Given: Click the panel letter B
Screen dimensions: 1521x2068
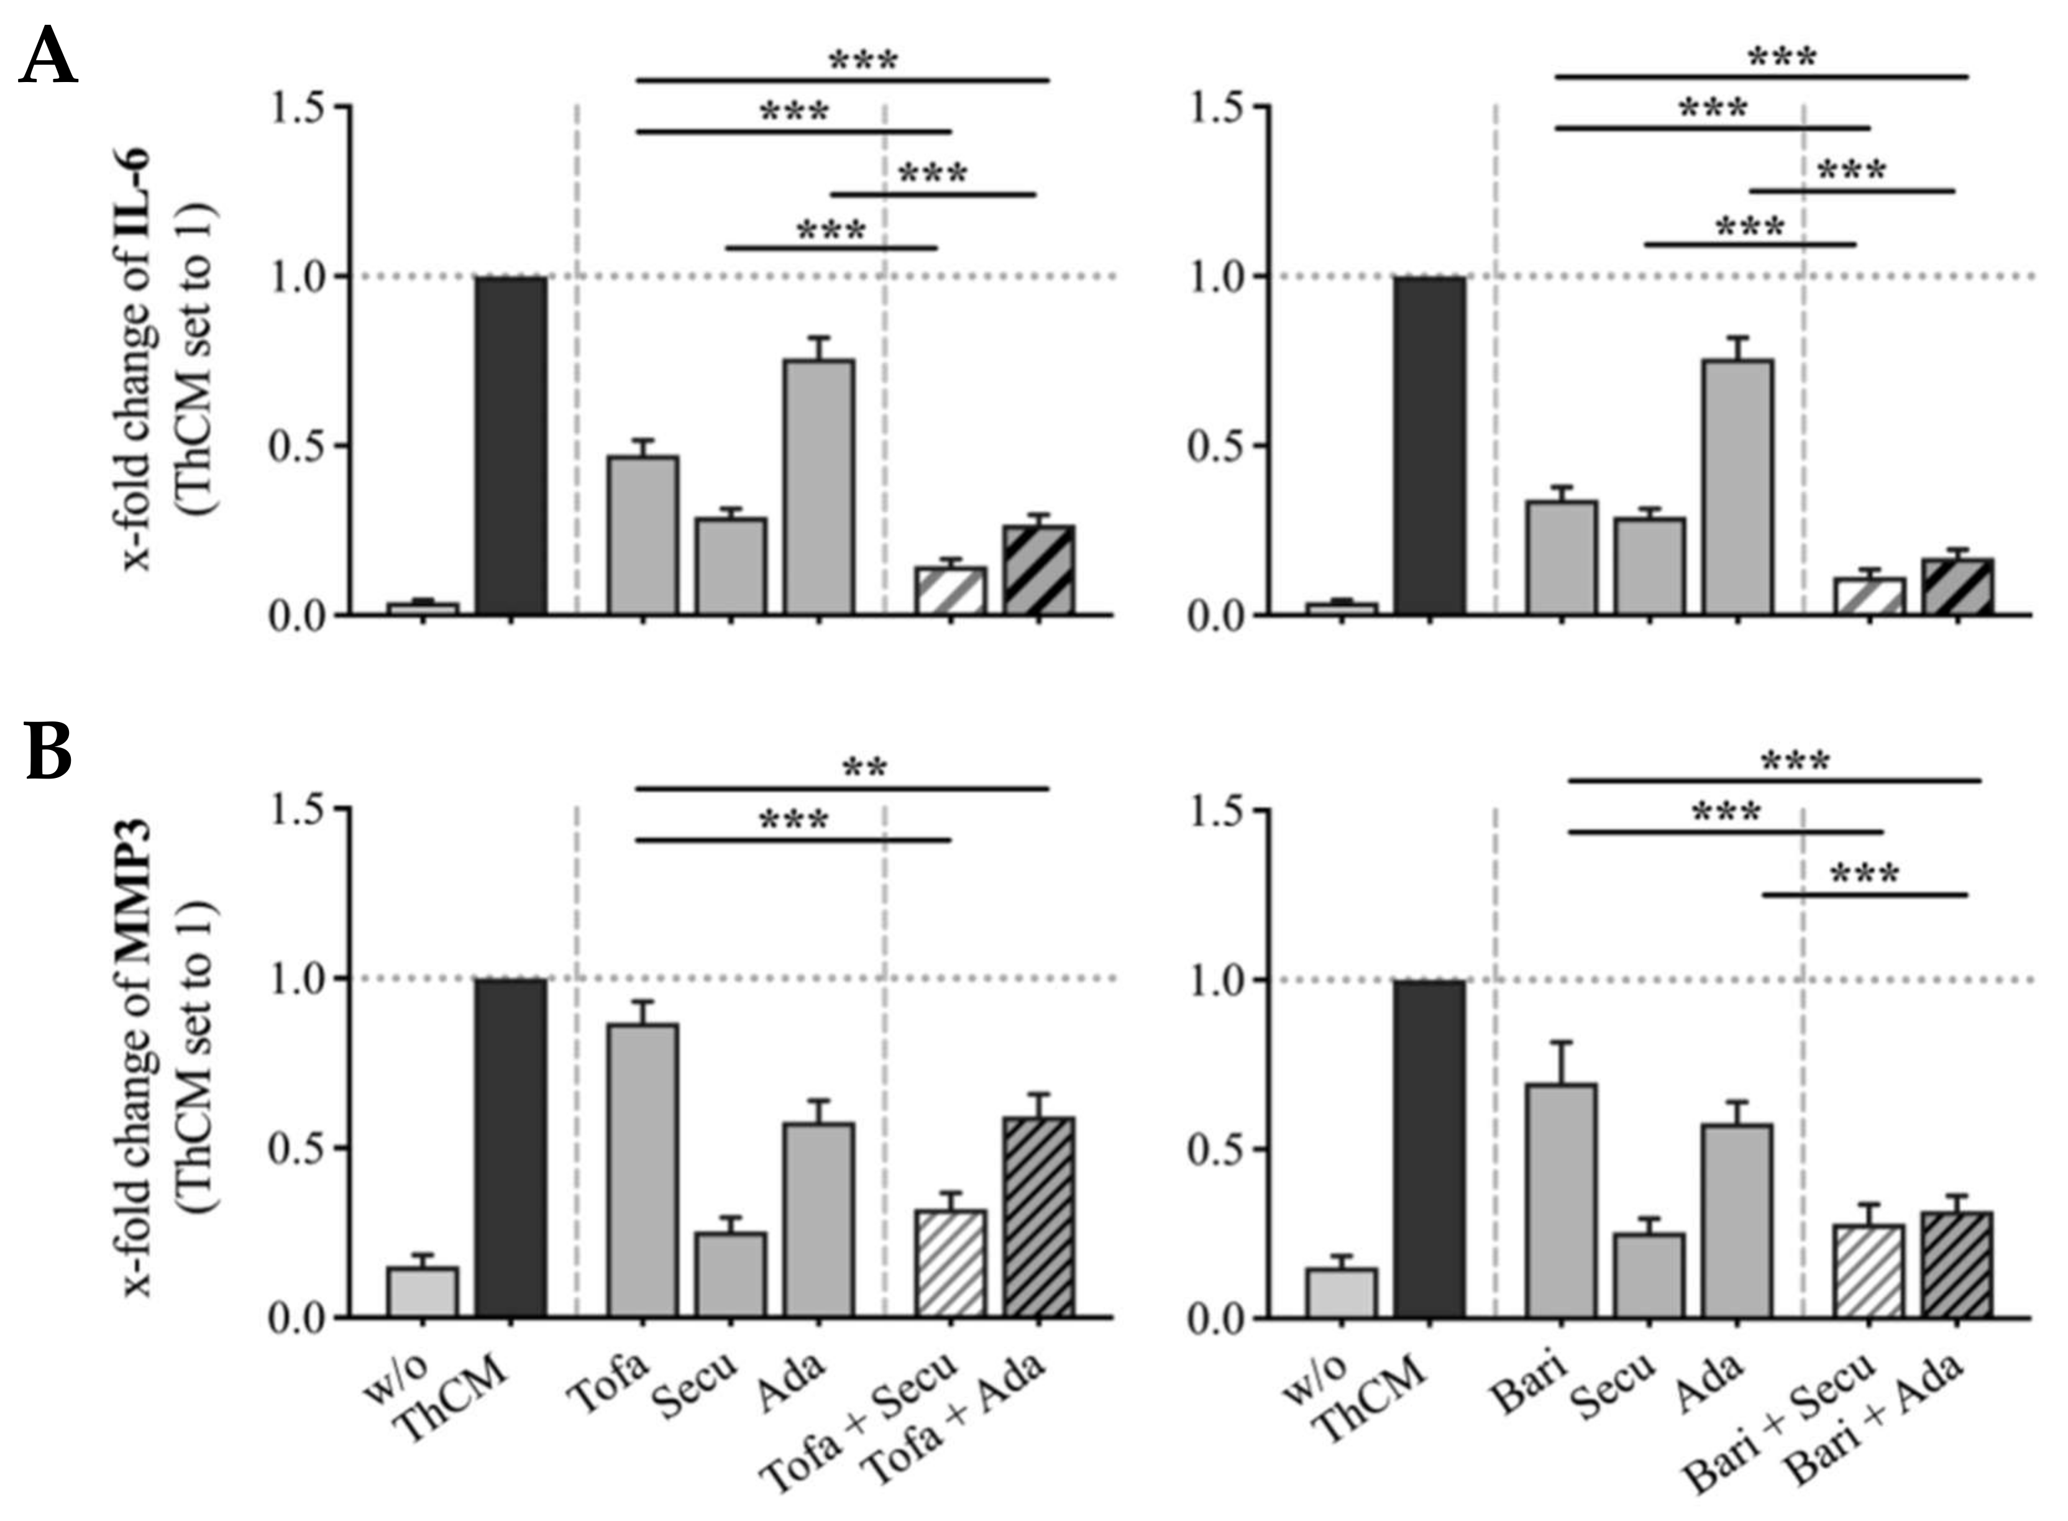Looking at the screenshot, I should point(48,753).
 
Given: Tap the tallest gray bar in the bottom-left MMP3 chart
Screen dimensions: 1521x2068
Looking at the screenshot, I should point(643,1169).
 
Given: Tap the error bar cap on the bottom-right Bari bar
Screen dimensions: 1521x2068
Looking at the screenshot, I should point(1561,1042).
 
